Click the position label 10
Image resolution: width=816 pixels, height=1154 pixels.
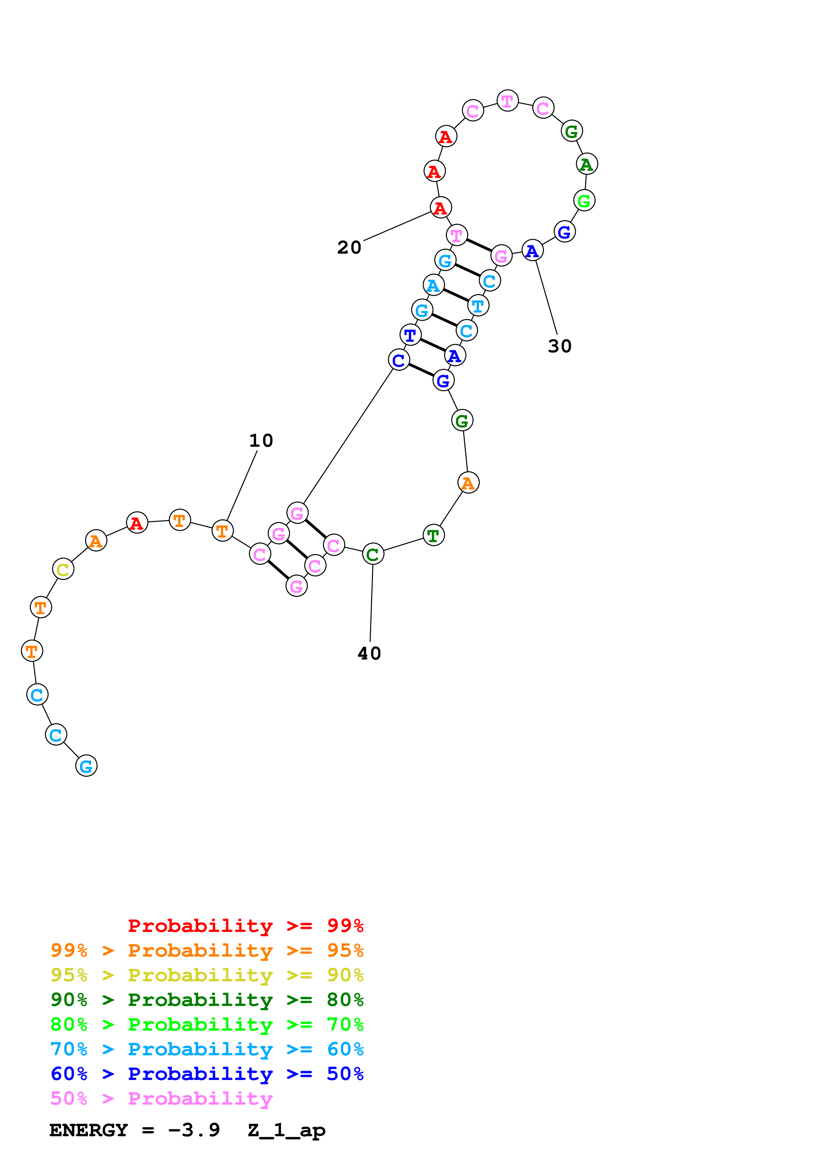coord(261,441)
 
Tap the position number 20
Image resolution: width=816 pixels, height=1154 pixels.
coord(349,247)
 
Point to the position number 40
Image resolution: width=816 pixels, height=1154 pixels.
coord(369,653)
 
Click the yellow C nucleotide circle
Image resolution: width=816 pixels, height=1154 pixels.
coord(63,569)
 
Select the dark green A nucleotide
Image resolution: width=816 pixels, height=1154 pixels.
coord(587,164)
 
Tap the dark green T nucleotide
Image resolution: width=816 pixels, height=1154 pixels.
coord(434,535)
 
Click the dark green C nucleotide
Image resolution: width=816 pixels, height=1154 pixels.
coord(373,554)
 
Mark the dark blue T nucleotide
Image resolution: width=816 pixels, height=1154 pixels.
coord(410,335)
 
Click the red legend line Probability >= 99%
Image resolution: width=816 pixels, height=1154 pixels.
coord(245,926)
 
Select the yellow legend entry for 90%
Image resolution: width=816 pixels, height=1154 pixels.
coord(207,975)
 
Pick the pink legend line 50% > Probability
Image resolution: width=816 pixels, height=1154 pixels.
coord(161,1099)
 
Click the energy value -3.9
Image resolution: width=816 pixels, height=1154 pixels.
coord(194,1130)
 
